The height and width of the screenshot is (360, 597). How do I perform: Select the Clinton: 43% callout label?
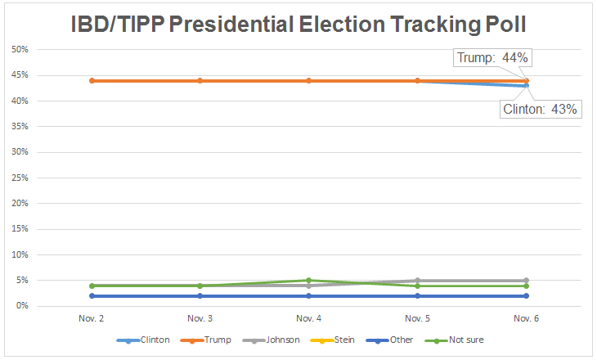(x=541, y=109)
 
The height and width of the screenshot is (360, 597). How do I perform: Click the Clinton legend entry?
(x=155, y=340)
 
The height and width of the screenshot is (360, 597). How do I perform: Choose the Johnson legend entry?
(x=280, y=340)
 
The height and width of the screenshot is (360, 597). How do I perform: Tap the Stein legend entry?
(x=343, y=340)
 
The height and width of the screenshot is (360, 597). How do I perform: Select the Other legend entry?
(x=402, y=340)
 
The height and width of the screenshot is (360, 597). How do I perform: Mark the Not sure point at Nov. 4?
(x=309, y=281)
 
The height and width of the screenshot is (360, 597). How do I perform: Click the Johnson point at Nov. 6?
(x=526, y=281)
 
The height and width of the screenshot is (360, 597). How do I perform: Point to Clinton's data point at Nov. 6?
(x=526, y=86)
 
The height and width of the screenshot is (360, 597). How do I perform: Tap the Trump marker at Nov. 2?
(x=92, y=81)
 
